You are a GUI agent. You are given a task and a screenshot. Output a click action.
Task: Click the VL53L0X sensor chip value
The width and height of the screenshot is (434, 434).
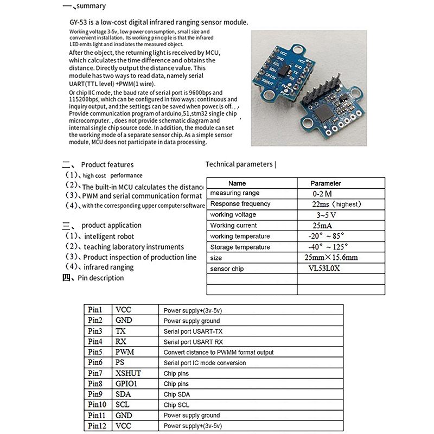coord(324,269)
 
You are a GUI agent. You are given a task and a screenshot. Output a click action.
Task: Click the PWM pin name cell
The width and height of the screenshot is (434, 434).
coord(125,352)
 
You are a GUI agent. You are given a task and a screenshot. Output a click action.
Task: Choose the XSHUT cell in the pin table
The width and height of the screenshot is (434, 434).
coord(128,373)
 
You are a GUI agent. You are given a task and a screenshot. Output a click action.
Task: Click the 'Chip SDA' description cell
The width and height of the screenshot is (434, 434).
coord(177,394)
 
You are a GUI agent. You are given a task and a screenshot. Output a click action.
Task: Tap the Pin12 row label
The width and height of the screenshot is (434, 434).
coord(98,426)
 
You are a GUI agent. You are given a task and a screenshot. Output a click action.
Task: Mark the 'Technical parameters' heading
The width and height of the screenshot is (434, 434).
coord(239,164)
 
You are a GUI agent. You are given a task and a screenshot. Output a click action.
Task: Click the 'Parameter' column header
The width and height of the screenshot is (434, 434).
coord(325,183)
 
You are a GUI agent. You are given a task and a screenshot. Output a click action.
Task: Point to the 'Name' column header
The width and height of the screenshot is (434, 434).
coord(237,183)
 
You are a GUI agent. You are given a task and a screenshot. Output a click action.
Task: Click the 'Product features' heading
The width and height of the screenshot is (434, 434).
coord(107,164)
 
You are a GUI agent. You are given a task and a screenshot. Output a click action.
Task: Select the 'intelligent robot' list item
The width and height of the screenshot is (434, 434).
coord(108,237)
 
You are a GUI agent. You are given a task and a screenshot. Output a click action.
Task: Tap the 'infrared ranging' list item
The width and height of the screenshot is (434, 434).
coord(108,267)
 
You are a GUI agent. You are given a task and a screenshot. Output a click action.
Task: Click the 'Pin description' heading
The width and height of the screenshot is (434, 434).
coord(100,278)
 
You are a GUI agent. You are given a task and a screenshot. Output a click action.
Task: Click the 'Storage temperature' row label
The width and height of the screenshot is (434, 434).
coord(240,247)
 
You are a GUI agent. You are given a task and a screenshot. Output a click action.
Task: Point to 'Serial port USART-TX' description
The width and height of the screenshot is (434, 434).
coord(193,331)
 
